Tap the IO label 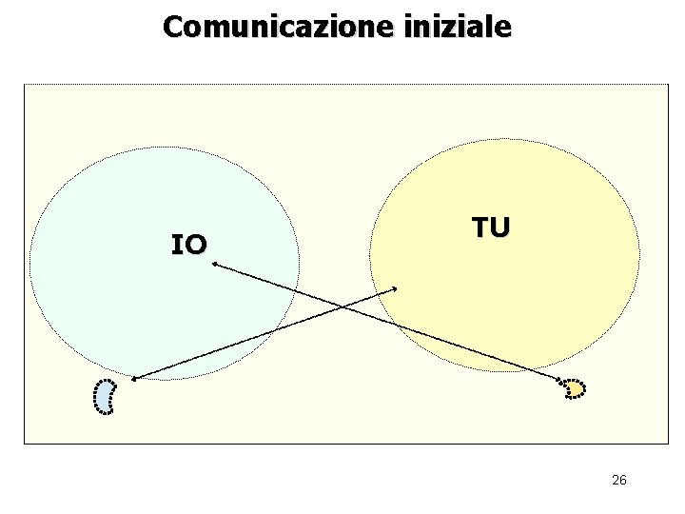[x=188, y=246]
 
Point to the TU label [x=491, y=227]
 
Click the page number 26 [x=618, y=480]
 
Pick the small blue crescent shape [x=105, y=396]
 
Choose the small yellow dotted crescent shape [x=575, y=388]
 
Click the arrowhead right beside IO [x=215, y=266]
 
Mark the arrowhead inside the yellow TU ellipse [x=395, y=288]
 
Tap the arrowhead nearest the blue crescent [x=134, y=380]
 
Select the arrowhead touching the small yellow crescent [x=560, y=384]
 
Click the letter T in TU [x=481, y=227]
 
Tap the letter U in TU [x=500, y=227]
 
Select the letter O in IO [x=194, y=246]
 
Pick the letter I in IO [x=176, y=246]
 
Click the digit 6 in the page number [x=622, y=480]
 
